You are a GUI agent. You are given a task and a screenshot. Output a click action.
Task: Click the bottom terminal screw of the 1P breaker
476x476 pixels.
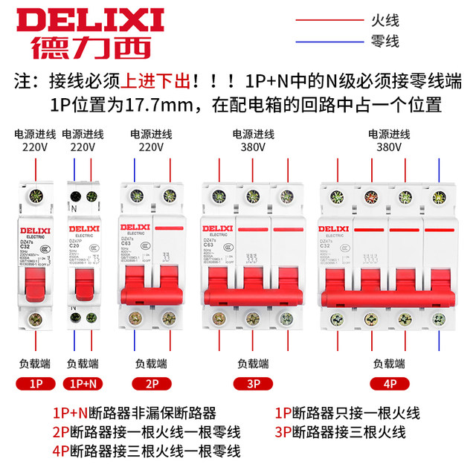[x=34, y=320]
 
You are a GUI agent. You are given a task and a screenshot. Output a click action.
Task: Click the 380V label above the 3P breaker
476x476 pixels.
[x=253, y=147]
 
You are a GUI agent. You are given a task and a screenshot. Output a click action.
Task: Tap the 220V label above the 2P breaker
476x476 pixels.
[x=151, y=147]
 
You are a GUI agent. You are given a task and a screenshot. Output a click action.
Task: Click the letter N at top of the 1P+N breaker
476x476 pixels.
[x=73, y=210]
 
